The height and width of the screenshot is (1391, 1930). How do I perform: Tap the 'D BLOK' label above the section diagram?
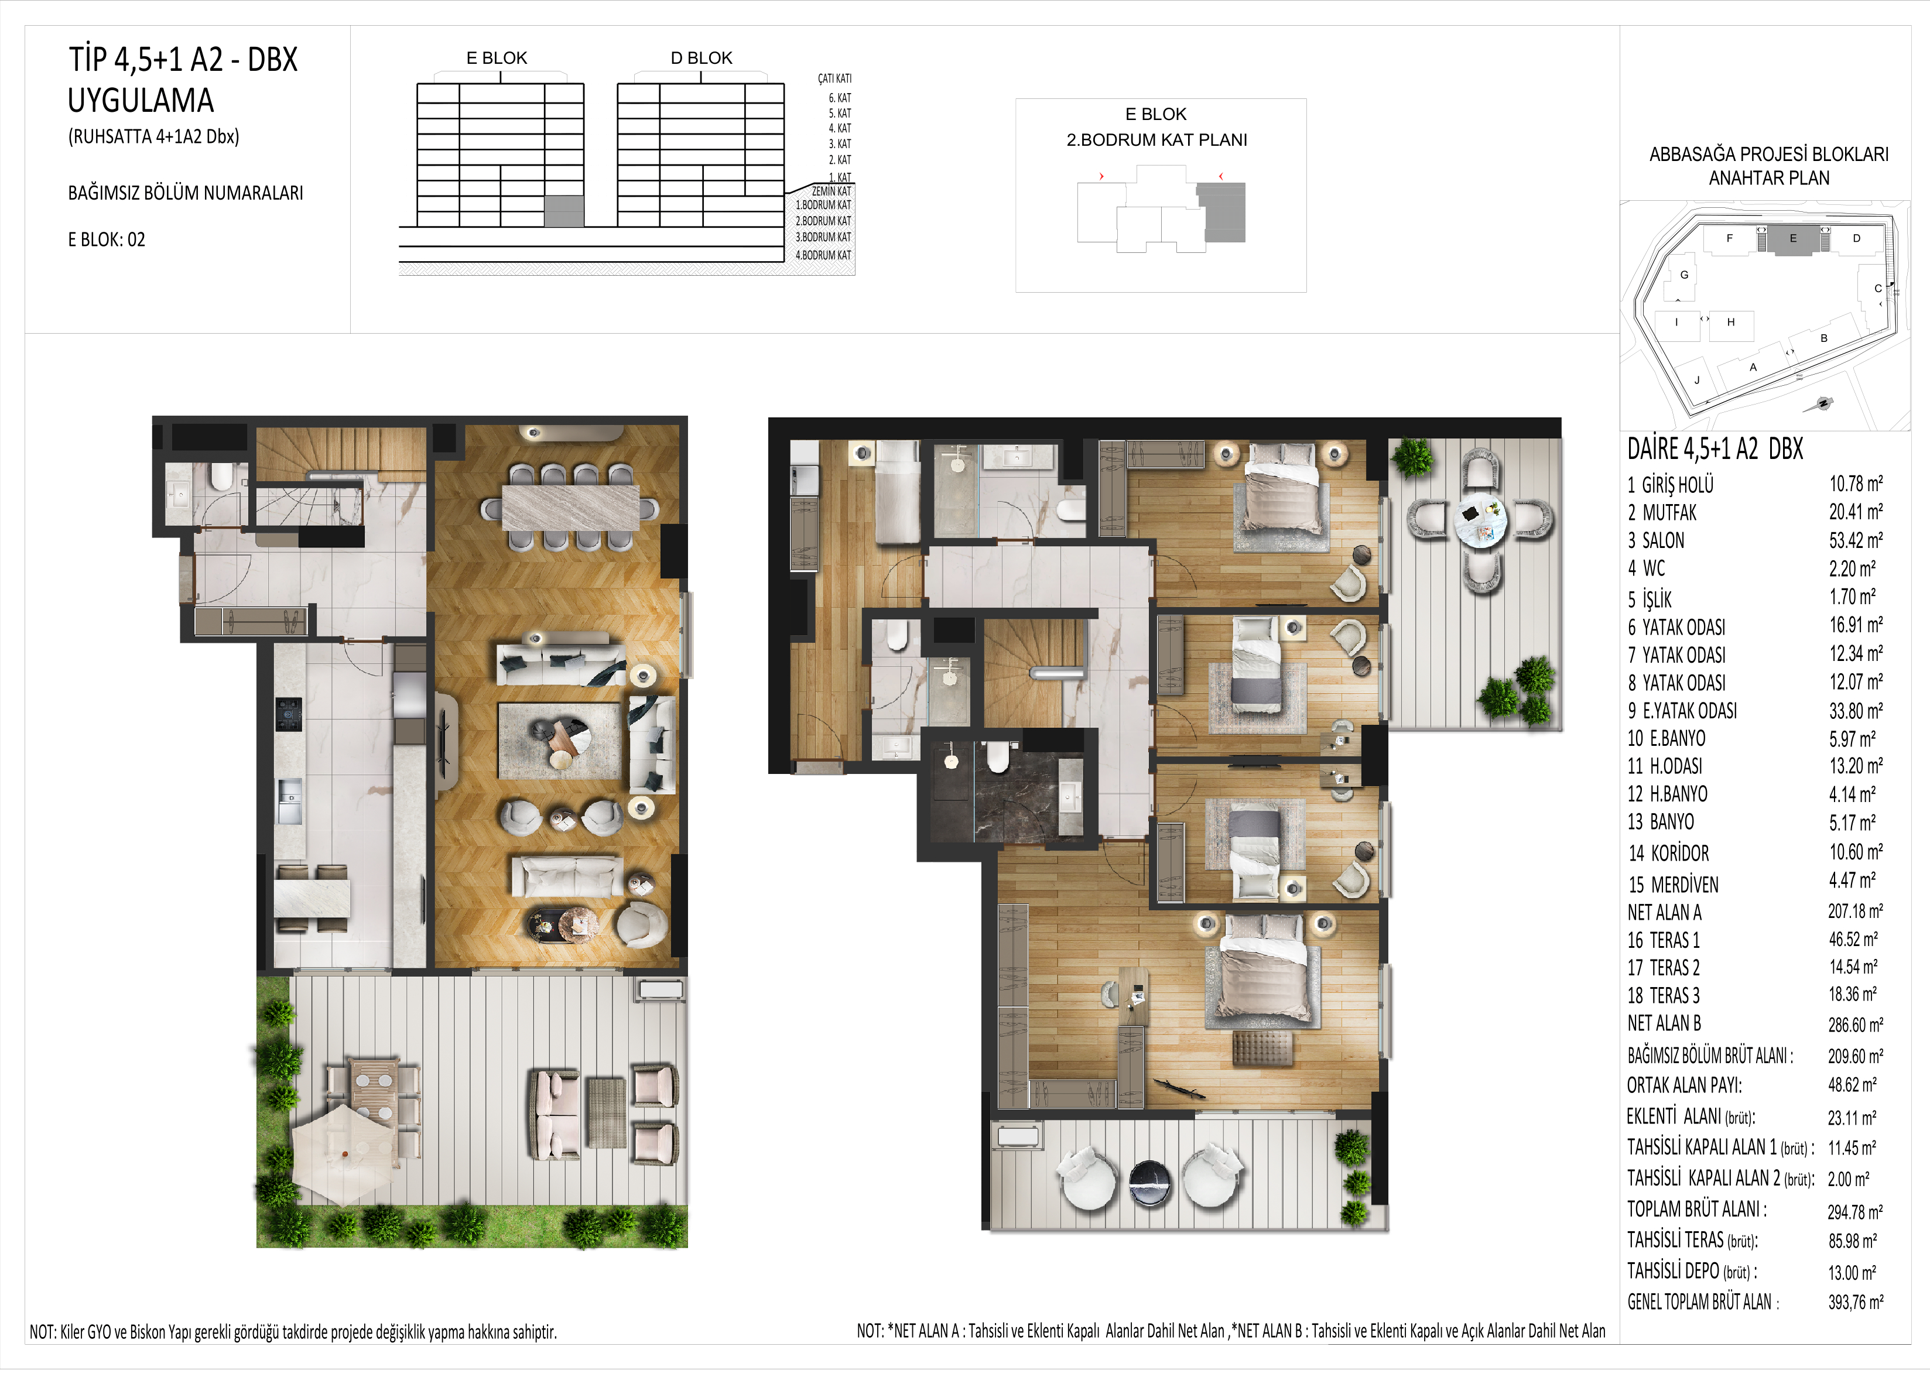(x=701, y=58)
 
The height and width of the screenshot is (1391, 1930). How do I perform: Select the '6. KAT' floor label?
(x=840, y=98)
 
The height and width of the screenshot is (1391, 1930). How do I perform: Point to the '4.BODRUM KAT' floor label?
(x=823, y=255)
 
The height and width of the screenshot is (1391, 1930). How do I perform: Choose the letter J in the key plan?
(x=1697, y=381)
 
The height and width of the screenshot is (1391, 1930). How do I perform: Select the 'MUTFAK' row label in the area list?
(x=1669, y=513)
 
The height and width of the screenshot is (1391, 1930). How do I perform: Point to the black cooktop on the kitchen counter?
(x=289, y=715)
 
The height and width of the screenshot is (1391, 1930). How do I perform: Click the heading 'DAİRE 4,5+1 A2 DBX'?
(x=1715, y=449)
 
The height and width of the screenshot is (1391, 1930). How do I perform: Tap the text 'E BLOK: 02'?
(x=107, y=240)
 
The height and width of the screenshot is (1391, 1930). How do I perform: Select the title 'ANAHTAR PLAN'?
(x=1768, y=179)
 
